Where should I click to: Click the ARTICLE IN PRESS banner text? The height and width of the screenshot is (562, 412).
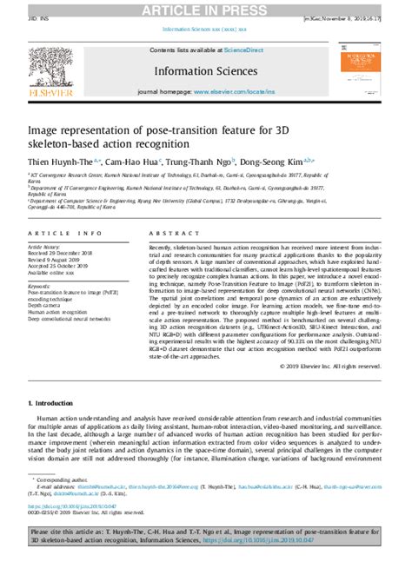[206, 9]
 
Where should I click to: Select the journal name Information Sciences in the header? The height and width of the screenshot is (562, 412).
[205, 69]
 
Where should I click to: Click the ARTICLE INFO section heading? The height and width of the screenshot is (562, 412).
[63, 235]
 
